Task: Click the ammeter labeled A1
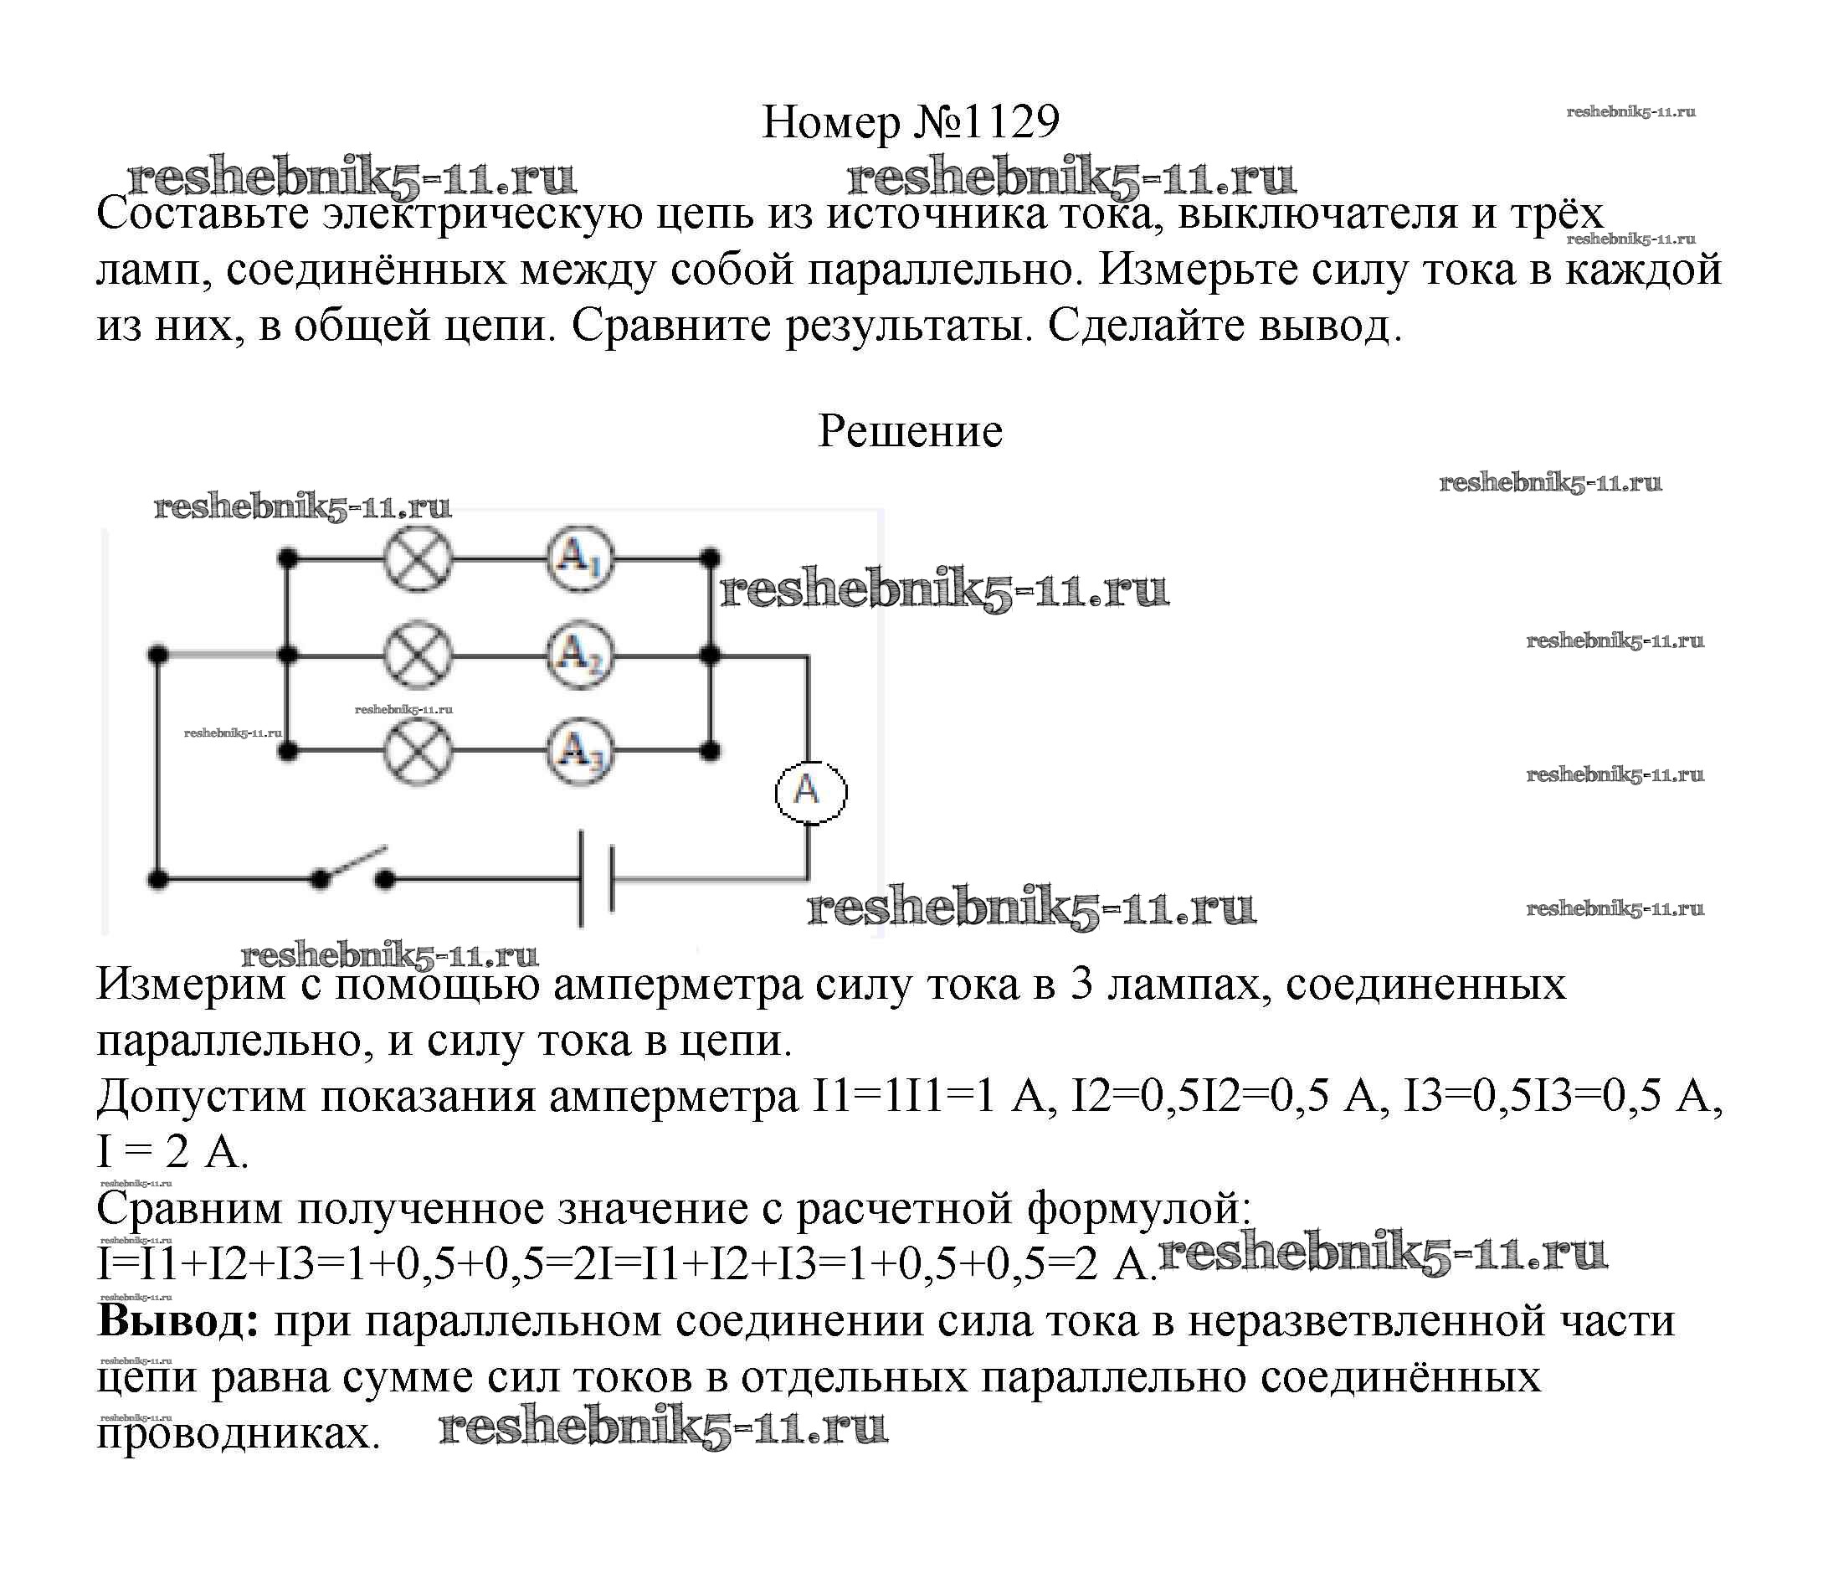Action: pyautogui.click(x=580, y=559)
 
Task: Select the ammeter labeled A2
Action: pyautogui.click(x=580, y=656)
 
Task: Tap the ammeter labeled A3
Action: pyautogui.click(x=580, y=752)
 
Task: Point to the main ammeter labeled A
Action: pyautogui.click(x=810, y=791)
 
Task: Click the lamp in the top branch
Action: pyautogui.click(x=418, y=559)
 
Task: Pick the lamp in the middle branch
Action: pyautogui.click(x=418, y=656)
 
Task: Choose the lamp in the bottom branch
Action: pyautogui.click(x=418, y=752)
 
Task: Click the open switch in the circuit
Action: pyautogui.click(x=353, y=869)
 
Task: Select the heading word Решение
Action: pyautogui.click(x=910, y=432)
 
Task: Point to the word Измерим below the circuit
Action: pyautogui.click(x=191, y=985)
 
